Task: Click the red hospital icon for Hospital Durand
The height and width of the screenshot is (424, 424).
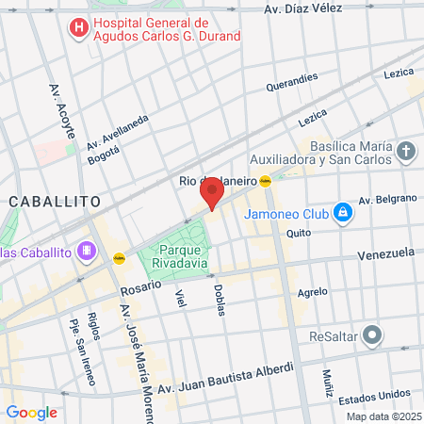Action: (79, 28)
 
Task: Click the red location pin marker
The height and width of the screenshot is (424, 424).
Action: (211, 195)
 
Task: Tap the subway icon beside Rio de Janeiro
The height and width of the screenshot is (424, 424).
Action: (266, 181)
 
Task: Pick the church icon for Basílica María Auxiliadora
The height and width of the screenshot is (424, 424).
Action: (405, 152)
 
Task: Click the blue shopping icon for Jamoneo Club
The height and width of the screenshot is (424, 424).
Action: (344, 213)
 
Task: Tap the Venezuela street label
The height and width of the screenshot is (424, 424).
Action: (385, 254)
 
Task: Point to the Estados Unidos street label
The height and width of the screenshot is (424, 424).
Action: (373, 394)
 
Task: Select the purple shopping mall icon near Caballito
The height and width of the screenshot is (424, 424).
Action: (87, 251)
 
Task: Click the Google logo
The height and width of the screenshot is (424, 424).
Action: (31, 412)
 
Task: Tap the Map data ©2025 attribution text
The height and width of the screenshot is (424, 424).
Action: (383, 416)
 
